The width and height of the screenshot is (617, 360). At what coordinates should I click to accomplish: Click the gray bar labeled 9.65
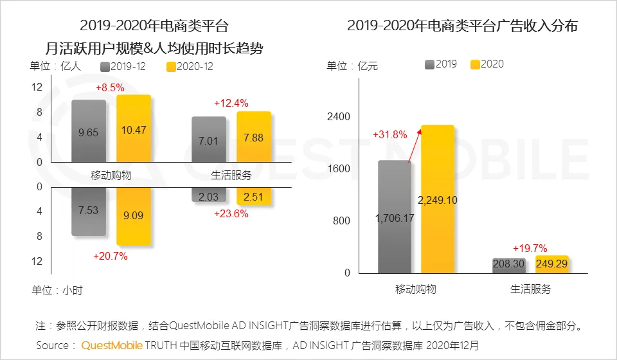tap(89, 131)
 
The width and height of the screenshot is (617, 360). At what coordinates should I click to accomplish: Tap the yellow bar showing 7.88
tap(254, 138)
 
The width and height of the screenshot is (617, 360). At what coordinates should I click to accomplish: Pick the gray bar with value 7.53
tap(89, 211)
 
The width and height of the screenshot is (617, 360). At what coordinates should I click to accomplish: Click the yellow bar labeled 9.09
tap(134, 216)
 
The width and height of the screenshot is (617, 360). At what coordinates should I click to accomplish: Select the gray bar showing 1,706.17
tap(395, 217)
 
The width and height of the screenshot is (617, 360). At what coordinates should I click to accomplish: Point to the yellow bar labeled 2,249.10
tap(438, 199)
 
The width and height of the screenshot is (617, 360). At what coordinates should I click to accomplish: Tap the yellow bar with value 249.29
tap(551, 264)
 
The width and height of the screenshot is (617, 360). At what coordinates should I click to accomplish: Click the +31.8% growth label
tap(390, 135)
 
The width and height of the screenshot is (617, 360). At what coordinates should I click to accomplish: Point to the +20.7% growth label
tap(111, 256)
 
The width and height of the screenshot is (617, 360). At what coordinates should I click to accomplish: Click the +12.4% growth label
tap(231, 103)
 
